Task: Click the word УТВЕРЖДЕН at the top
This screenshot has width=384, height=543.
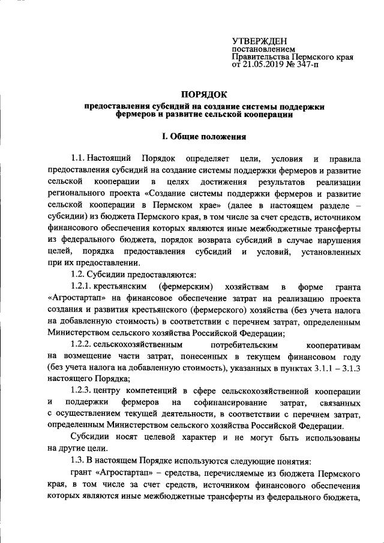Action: [x=256, y=40]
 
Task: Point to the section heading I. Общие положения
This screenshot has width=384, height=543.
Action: [x=192, y=136]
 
